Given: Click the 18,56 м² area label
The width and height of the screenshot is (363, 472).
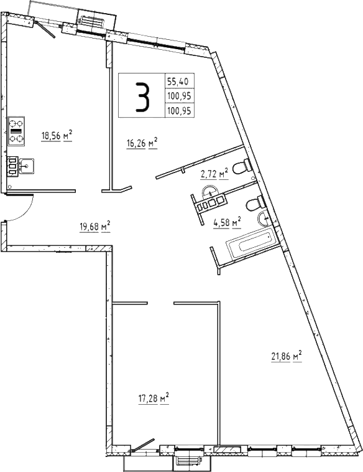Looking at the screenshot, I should coord(57,136).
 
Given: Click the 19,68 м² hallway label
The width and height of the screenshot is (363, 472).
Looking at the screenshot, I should coord(94,225).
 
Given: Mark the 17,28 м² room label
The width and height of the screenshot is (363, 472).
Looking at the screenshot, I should coord(153,397).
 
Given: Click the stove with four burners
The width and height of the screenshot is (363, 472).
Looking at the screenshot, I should coord(16,131).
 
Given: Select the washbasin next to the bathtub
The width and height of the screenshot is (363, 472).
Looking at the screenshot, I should coord(264,217).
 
